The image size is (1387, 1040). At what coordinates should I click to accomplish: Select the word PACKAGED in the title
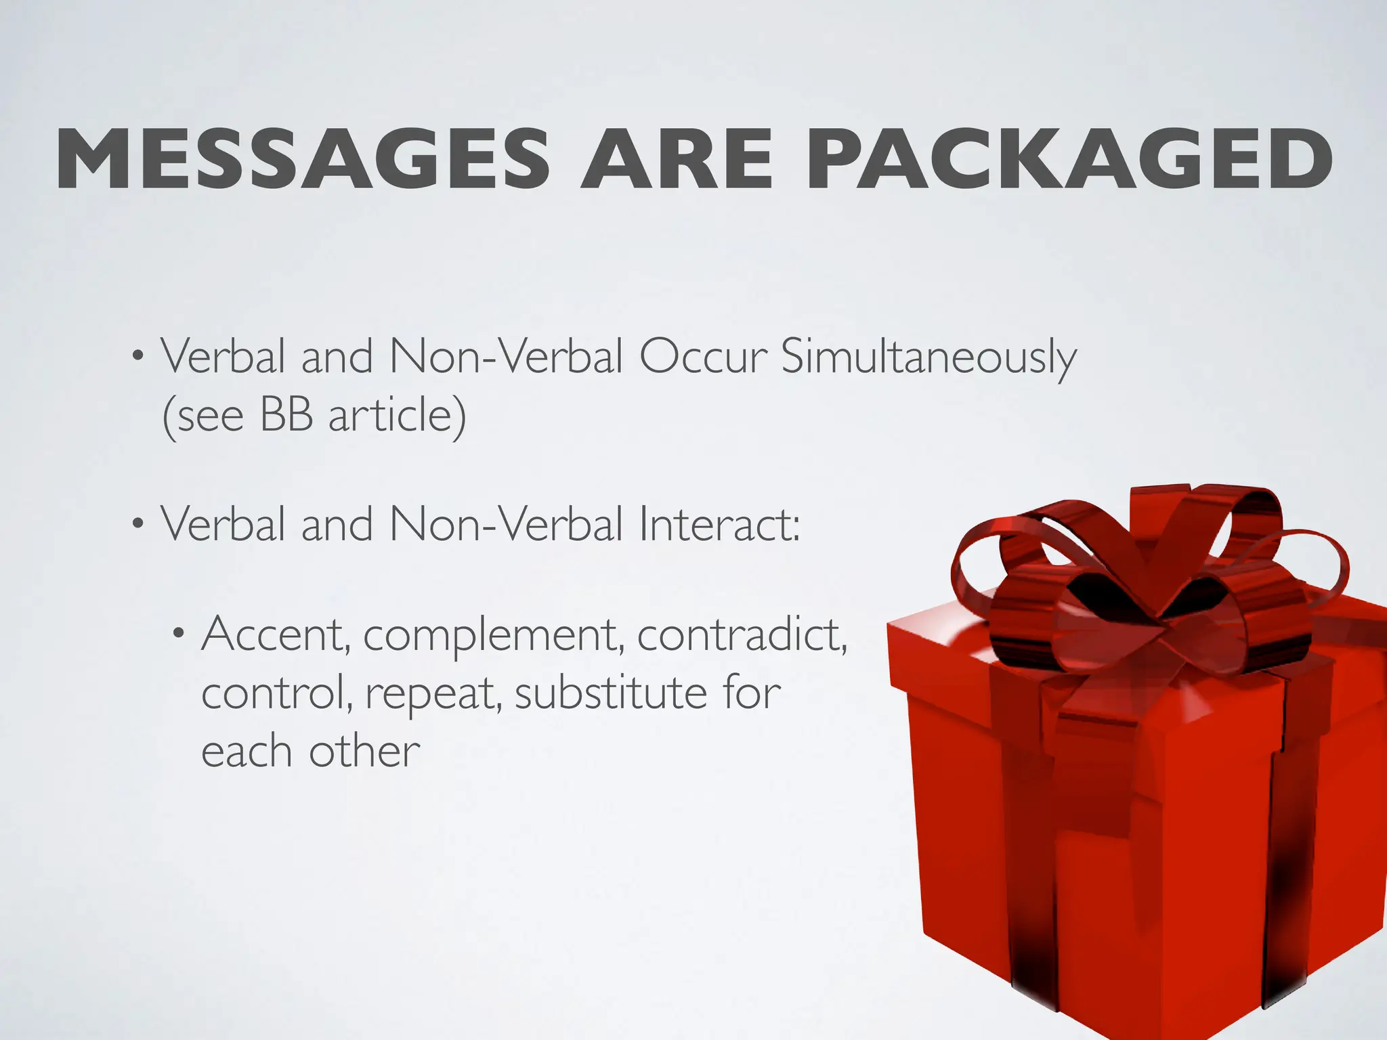1069,161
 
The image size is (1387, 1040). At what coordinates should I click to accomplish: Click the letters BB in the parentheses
286,415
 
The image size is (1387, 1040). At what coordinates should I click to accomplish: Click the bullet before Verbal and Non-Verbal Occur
137,356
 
